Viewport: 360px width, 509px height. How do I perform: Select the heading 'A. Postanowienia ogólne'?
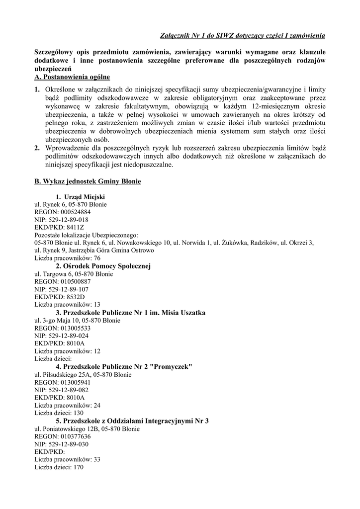pos(72,78)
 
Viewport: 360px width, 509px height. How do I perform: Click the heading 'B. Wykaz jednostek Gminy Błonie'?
pos(88,182)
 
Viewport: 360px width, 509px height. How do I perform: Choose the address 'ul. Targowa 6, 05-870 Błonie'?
pos(73,274)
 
